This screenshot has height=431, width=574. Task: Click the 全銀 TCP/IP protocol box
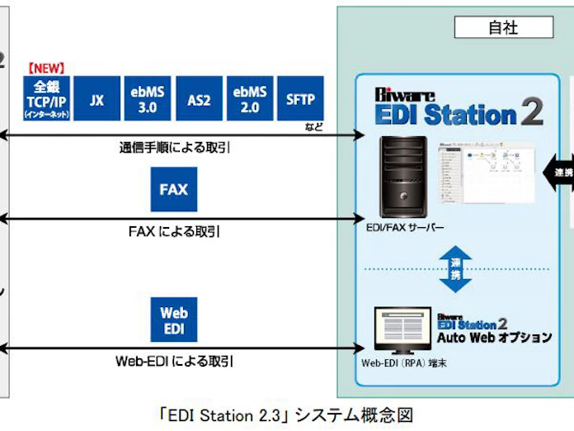coord(48,99)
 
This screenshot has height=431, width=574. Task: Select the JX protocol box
coord(97,99)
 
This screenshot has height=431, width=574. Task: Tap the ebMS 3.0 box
coord(147,99)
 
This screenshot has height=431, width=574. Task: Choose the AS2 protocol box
coord(197,99)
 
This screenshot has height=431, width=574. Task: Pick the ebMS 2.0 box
coord(247,99)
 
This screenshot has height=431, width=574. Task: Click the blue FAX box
coord(173,189)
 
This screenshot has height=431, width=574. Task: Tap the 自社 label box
coord(504,27)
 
